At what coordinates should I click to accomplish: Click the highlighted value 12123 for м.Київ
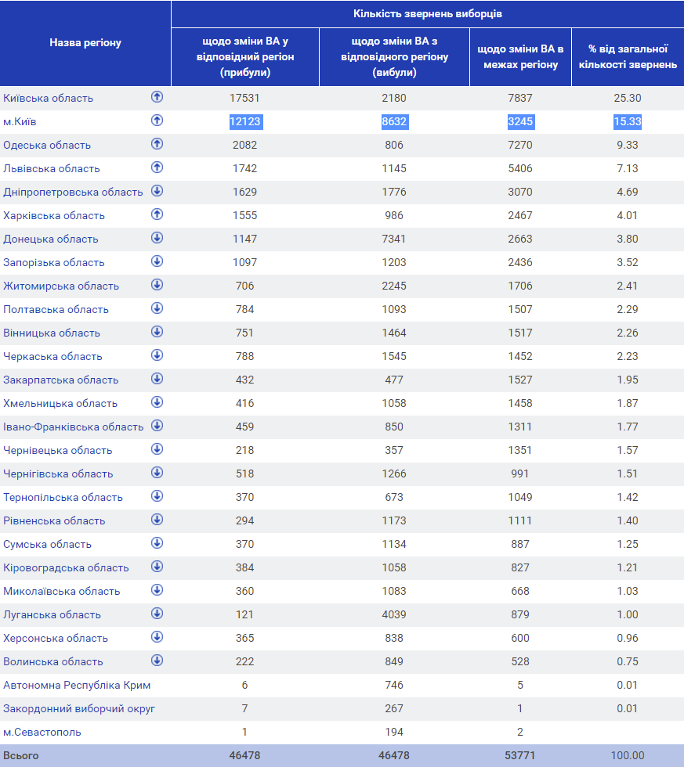pos(245,121)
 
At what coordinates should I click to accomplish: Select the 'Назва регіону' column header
pos(85,42)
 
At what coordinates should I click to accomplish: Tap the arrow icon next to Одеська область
pos(157,144)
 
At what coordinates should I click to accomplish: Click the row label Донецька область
pos(51,239)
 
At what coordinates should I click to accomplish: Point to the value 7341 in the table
pos(394,239)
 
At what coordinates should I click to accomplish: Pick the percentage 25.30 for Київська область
pos(628,98)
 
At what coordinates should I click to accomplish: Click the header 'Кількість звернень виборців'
pos(428,14)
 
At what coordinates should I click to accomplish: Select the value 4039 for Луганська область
pos(394,614)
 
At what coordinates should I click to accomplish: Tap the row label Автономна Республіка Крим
pos(77,686)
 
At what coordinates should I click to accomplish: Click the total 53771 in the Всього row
pos(520,755)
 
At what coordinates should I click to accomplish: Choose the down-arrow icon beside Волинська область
pos(157,661)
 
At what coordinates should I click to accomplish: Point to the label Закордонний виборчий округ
pos(79,709)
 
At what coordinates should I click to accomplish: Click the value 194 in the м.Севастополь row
pos(394,732)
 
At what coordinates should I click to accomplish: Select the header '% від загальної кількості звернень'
pos(628,56)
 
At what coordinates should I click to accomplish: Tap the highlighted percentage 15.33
pos(628,121)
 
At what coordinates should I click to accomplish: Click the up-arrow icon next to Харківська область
pos(157,214)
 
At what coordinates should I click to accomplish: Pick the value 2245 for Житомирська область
pos(394,286)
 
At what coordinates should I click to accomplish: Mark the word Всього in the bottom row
pos(21,755)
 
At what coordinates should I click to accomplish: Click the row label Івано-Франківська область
pos(74,427)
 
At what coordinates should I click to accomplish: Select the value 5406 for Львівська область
pos(520,168)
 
